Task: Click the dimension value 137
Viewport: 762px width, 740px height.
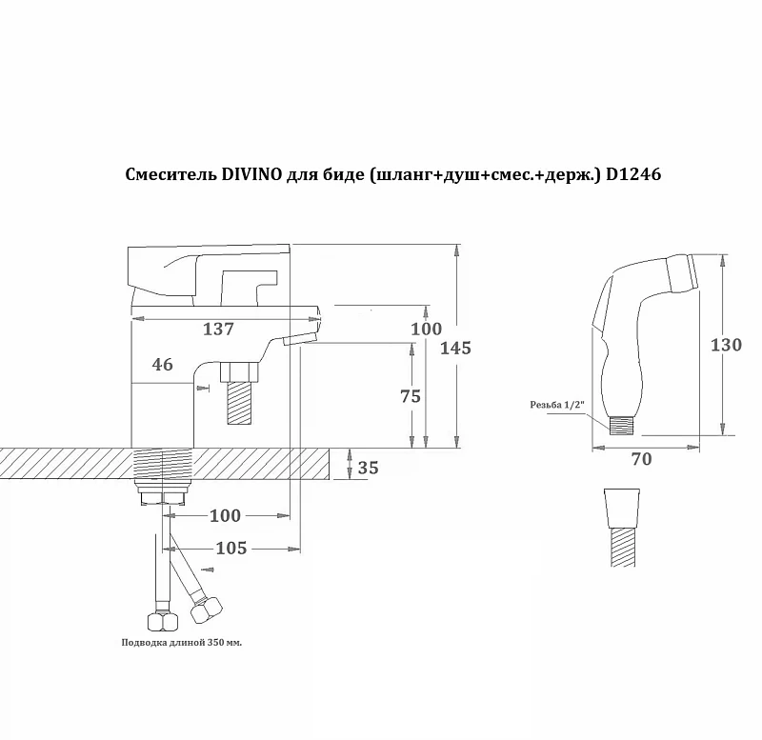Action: [218, 330]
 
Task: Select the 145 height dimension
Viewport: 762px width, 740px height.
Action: [456, 349]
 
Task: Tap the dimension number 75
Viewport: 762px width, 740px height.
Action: [411, 396]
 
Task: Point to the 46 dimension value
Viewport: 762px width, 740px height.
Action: [162, 365]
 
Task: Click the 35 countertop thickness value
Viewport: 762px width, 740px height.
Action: [368, 468]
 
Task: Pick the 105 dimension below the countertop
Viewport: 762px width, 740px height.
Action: [231, 548]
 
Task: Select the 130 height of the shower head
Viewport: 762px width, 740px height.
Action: [726, 345]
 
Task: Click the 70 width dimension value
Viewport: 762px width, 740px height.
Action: [641, 459]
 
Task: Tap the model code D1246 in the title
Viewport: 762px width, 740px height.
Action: [633, 174]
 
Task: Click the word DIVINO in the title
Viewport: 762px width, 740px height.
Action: [251, 174]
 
